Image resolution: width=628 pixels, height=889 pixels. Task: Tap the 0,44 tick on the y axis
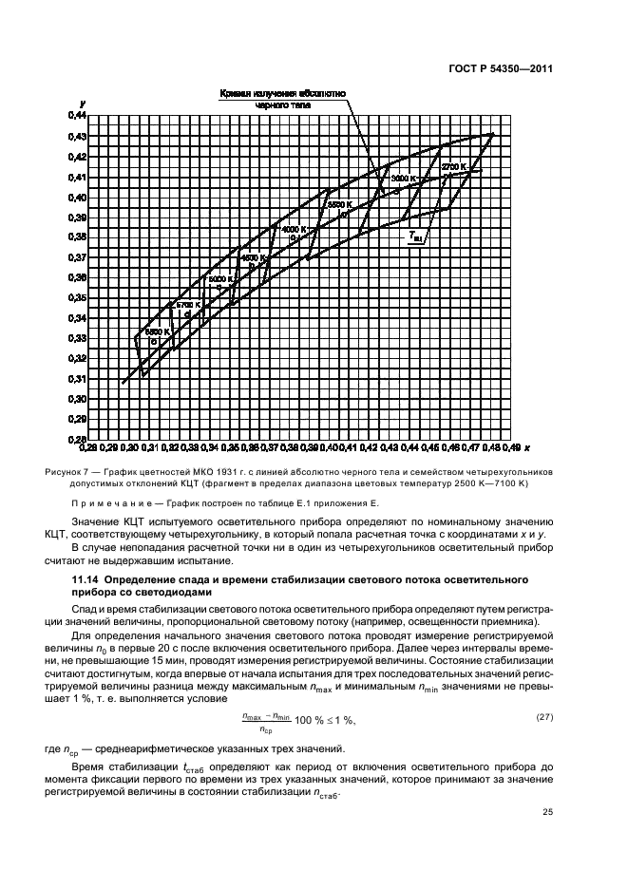(x=77, y=115)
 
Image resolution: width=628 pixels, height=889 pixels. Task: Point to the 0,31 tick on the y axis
(x=77, y=379)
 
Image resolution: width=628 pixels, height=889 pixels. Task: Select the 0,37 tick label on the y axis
(x=77, y=257)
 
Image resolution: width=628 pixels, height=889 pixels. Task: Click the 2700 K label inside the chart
(x=453, y=166)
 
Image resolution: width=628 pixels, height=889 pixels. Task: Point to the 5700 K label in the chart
(x=187, y=305)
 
